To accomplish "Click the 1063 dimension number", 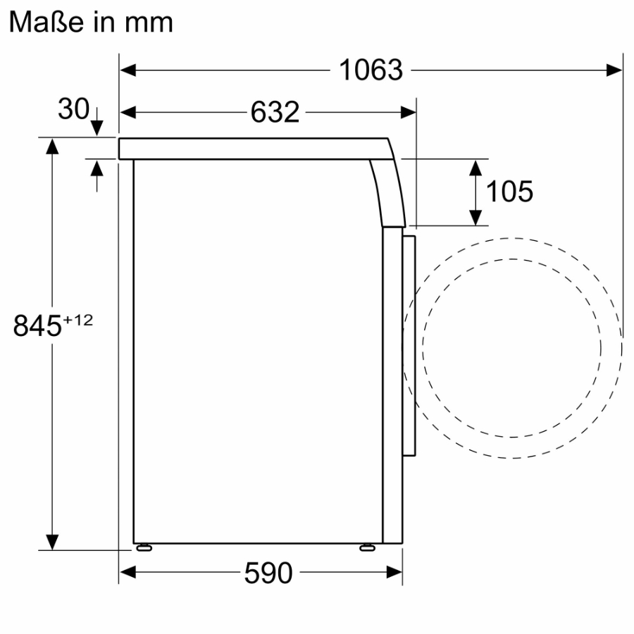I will coord(371,70).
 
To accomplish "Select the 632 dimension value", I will coord(275,112).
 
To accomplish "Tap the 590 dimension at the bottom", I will coord(268,573).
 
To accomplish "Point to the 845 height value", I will coord(37,326).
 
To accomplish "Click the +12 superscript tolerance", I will coord(78,320).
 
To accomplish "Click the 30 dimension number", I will coord(73,109).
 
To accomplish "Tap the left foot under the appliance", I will coord(144,547).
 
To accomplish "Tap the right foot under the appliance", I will coord(367,547).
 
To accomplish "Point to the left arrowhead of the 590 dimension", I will coord(128,573).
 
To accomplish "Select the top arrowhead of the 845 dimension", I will coord(51,146).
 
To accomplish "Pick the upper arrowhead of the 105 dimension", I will coord(476,168).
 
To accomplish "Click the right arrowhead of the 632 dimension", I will coord(409,112).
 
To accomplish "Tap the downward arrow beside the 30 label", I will coord(97,127).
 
